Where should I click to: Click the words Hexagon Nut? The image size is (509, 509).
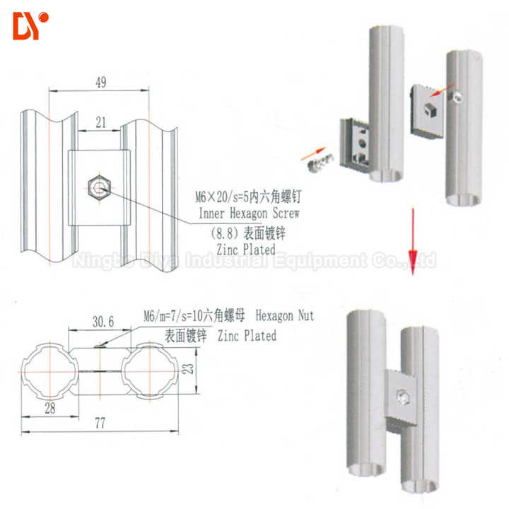[285, 315]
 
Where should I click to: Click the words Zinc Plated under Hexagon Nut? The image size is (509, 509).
[247, 335]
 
